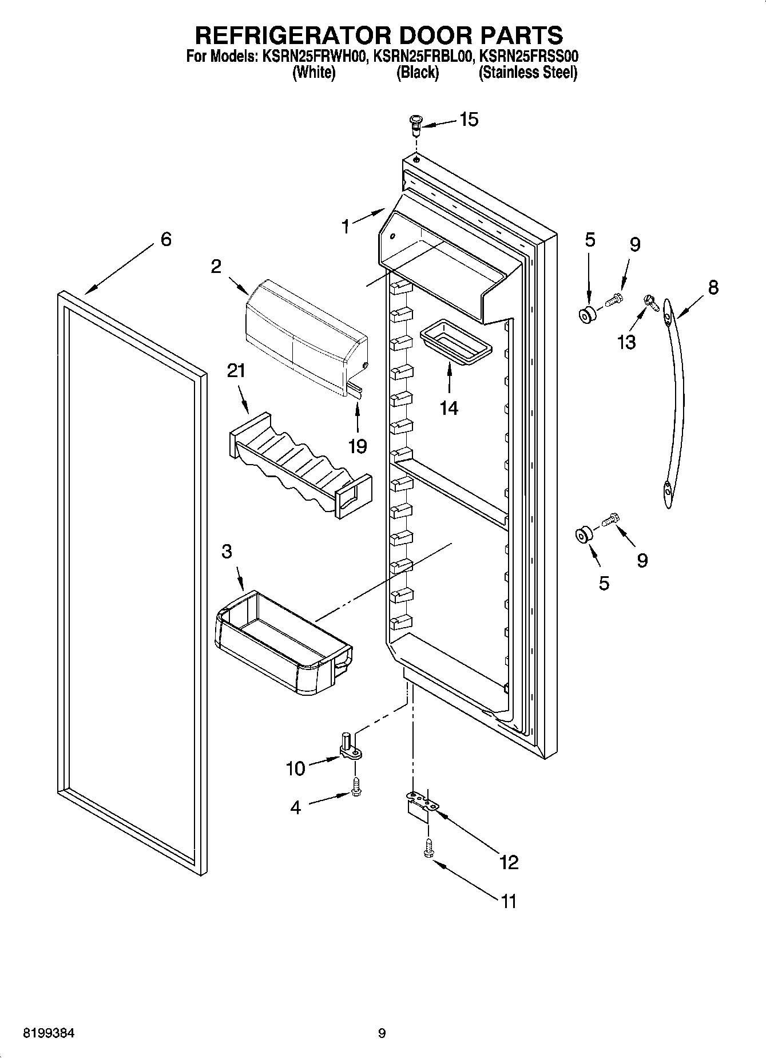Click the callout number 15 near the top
tap(469, 120)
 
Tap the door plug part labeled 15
tap(416, 122)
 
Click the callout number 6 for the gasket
tap(165, 239)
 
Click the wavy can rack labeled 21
tap(297, 464)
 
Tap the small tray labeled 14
tap(455, 343)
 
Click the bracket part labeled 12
tap(422, 804)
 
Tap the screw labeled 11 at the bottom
tap(427, 849)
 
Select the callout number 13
tap(626, 342)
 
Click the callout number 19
tap(358, 446)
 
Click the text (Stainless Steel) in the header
tap(527, 73)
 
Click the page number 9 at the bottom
tap(382, 1033)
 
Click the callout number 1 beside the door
tap(346, 227)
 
